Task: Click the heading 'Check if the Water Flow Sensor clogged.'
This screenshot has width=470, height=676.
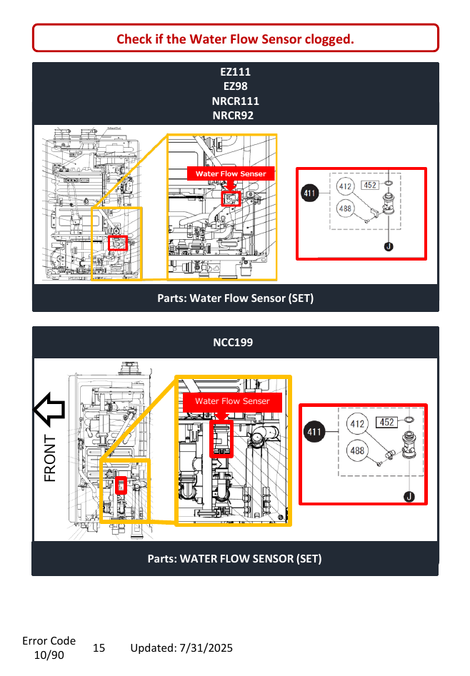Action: pos(235,39)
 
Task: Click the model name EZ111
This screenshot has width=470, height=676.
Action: pos(235,72)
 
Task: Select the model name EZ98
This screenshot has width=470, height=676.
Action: pos(235,86)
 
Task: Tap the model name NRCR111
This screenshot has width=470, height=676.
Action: pos(235,101)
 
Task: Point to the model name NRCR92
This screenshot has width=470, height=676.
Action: pos(233,116)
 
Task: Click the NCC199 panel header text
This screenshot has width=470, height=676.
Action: pos(233,343)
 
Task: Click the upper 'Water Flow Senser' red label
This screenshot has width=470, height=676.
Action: pos(231,173)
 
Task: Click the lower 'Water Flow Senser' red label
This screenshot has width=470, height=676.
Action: pos(232,401)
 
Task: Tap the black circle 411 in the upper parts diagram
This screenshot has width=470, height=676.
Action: pos(310,193)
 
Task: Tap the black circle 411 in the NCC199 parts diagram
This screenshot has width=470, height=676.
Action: pos(314,432)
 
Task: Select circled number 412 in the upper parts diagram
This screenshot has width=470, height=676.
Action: pos(345,186)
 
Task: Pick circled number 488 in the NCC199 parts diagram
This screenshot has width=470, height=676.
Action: pos(357,450)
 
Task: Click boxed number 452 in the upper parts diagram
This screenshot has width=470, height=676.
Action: pos(370,186)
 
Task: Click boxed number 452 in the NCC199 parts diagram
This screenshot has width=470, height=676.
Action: pos(386,422)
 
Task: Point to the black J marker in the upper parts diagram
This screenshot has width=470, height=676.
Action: pos(389,246)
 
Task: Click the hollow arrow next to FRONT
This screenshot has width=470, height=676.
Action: pos(49,410)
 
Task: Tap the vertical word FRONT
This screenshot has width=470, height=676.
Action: pos(50,458)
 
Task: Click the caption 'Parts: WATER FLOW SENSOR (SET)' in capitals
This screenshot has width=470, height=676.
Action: pos(235,559)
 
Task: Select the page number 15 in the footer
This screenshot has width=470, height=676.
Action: pos(99,648)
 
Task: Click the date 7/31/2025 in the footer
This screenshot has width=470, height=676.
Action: pos(206,648)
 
